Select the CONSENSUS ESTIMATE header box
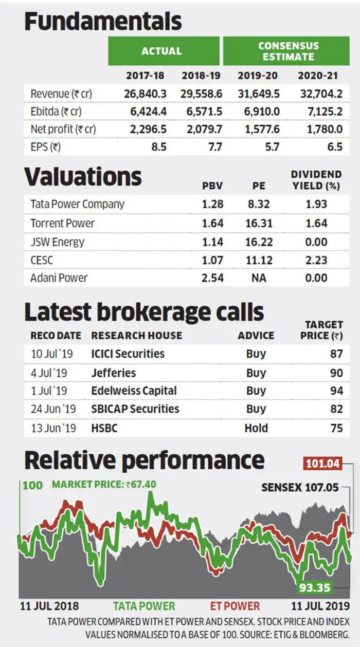286,51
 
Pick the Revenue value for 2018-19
202,94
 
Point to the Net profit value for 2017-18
148,129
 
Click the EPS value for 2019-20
272,147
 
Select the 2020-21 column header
318,76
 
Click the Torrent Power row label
62,223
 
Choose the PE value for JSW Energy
259,242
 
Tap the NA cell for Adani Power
259,278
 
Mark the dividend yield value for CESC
316,260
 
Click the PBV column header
212,186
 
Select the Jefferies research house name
114,373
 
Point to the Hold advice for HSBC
256,428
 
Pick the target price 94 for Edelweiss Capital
336,391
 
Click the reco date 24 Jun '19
53,409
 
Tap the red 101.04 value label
322,464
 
